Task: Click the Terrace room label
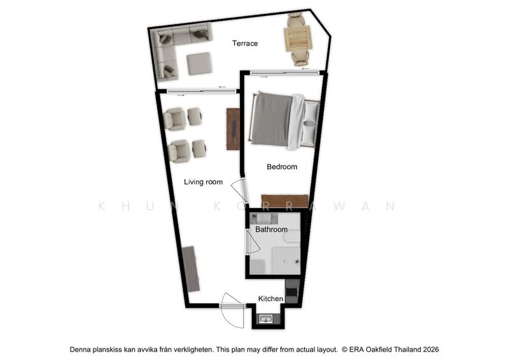[245, 43]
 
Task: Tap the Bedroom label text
[282, 167]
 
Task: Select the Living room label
[203, 182]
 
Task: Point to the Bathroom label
[272, 230]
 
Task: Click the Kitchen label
[271, 299]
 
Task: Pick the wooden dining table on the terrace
[298, 39]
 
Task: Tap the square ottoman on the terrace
[199, 64]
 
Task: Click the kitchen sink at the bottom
[267, 319]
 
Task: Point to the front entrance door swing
[232, 310]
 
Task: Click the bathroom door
[253, 242]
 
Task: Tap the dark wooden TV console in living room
[233, 129]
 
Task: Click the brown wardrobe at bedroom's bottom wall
[284, 201]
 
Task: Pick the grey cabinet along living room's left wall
[190, 269]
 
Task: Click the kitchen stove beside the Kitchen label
[292, 291]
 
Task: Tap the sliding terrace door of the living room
[201, 92]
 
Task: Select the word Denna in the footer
[81, 350]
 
